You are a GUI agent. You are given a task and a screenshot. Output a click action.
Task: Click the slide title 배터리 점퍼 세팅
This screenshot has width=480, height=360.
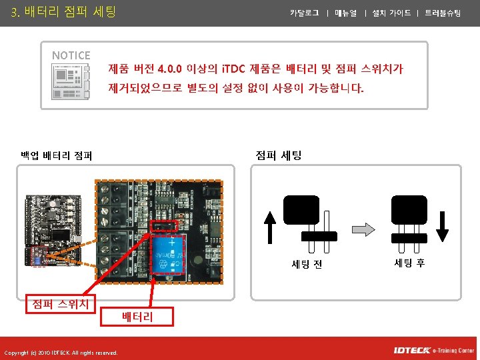coord(63,11)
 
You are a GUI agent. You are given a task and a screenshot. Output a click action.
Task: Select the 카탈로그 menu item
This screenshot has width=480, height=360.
coord(305,13)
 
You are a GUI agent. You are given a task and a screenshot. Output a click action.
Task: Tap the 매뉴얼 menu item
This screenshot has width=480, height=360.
coord(346,13)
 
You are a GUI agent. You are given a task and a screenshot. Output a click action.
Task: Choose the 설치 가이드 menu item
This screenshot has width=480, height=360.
coord(391,13)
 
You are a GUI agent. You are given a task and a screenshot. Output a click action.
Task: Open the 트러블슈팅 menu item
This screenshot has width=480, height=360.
coord(443,13)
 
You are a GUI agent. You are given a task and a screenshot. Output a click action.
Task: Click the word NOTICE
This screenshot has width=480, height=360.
coord(71,55)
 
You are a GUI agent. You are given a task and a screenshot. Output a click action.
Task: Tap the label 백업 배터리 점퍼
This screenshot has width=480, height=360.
coord(56,156)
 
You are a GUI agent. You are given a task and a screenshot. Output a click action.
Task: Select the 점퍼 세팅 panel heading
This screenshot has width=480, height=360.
coord(279,155)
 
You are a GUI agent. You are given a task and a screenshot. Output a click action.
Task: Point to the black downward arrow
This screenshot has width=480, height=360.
coord(443,227)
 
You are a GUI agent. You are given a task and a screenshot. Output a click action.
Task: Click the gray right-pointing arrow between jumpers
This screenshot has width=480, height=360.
coord(364,228)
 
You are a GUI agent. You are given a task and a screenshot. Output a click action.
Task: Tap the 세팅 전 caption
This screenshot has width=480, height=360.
coord(307,264)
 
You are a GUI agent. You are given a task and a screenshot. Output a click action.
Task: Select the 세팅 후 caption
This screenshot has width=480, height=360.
coord(409,263)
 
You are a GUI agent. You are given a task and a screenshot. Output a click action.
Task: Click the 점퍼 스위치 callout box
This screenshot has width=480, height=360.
coord(61,304)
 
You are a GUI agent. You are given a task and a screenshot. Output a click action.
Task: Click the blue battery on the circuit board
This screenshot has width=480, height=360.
coord(171,255)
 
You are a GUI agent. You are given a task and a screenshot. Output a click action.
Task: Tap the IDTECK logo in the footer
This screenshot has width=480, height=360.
coord(411,350)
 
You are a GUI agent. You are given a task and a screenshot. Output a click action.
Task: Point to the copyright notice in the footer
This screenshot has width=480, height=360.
coord(60,353)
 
